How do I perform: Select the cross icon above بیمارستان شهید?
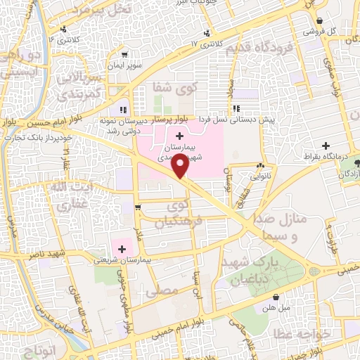tap(179, 135)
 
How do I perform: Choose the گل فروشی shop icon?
tap(321, 22)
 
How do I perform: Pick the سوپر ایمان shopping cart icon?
tap(124, 54)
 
